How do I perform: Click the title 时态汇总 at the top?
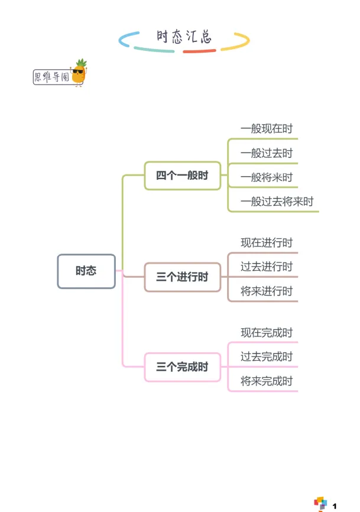[x=184, y=37]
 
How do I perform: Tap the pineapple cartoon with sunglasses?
[x=80, y=73]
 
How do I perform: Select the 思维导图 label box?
[x=51, y=77]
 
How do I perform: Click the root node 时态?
[x=86, y=271]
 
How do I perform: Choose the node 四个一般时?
[x=183, y=176]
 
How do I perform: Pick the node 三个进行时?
[x=183, y=277]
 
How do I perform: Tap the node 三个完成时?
[x=183, y=367]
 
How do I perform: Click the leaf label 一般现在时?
[x=267, y=128]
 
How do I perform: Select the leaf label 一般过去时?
[x=267, y=153]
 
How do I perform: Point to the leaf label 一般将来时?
[x=267, y=177]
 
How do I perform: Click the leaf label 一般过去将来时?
[x=277, y=202]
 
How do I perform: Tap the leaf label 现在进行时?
[x=267, y=242]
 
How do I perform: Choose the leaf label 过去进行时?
[x=267, y=267]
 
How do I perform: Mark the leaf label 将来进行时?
[x=267, y=291]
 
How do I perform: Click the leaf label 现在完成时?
[x=267, y=333]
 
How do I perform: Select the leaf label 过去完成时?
[x=267, y=357]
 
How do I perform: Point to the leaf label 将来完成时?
[x=267, y=381]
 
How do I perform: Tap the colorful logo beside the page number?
[x=320, y=504]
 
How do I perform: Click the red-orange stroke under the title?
[x=199, y=51]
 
